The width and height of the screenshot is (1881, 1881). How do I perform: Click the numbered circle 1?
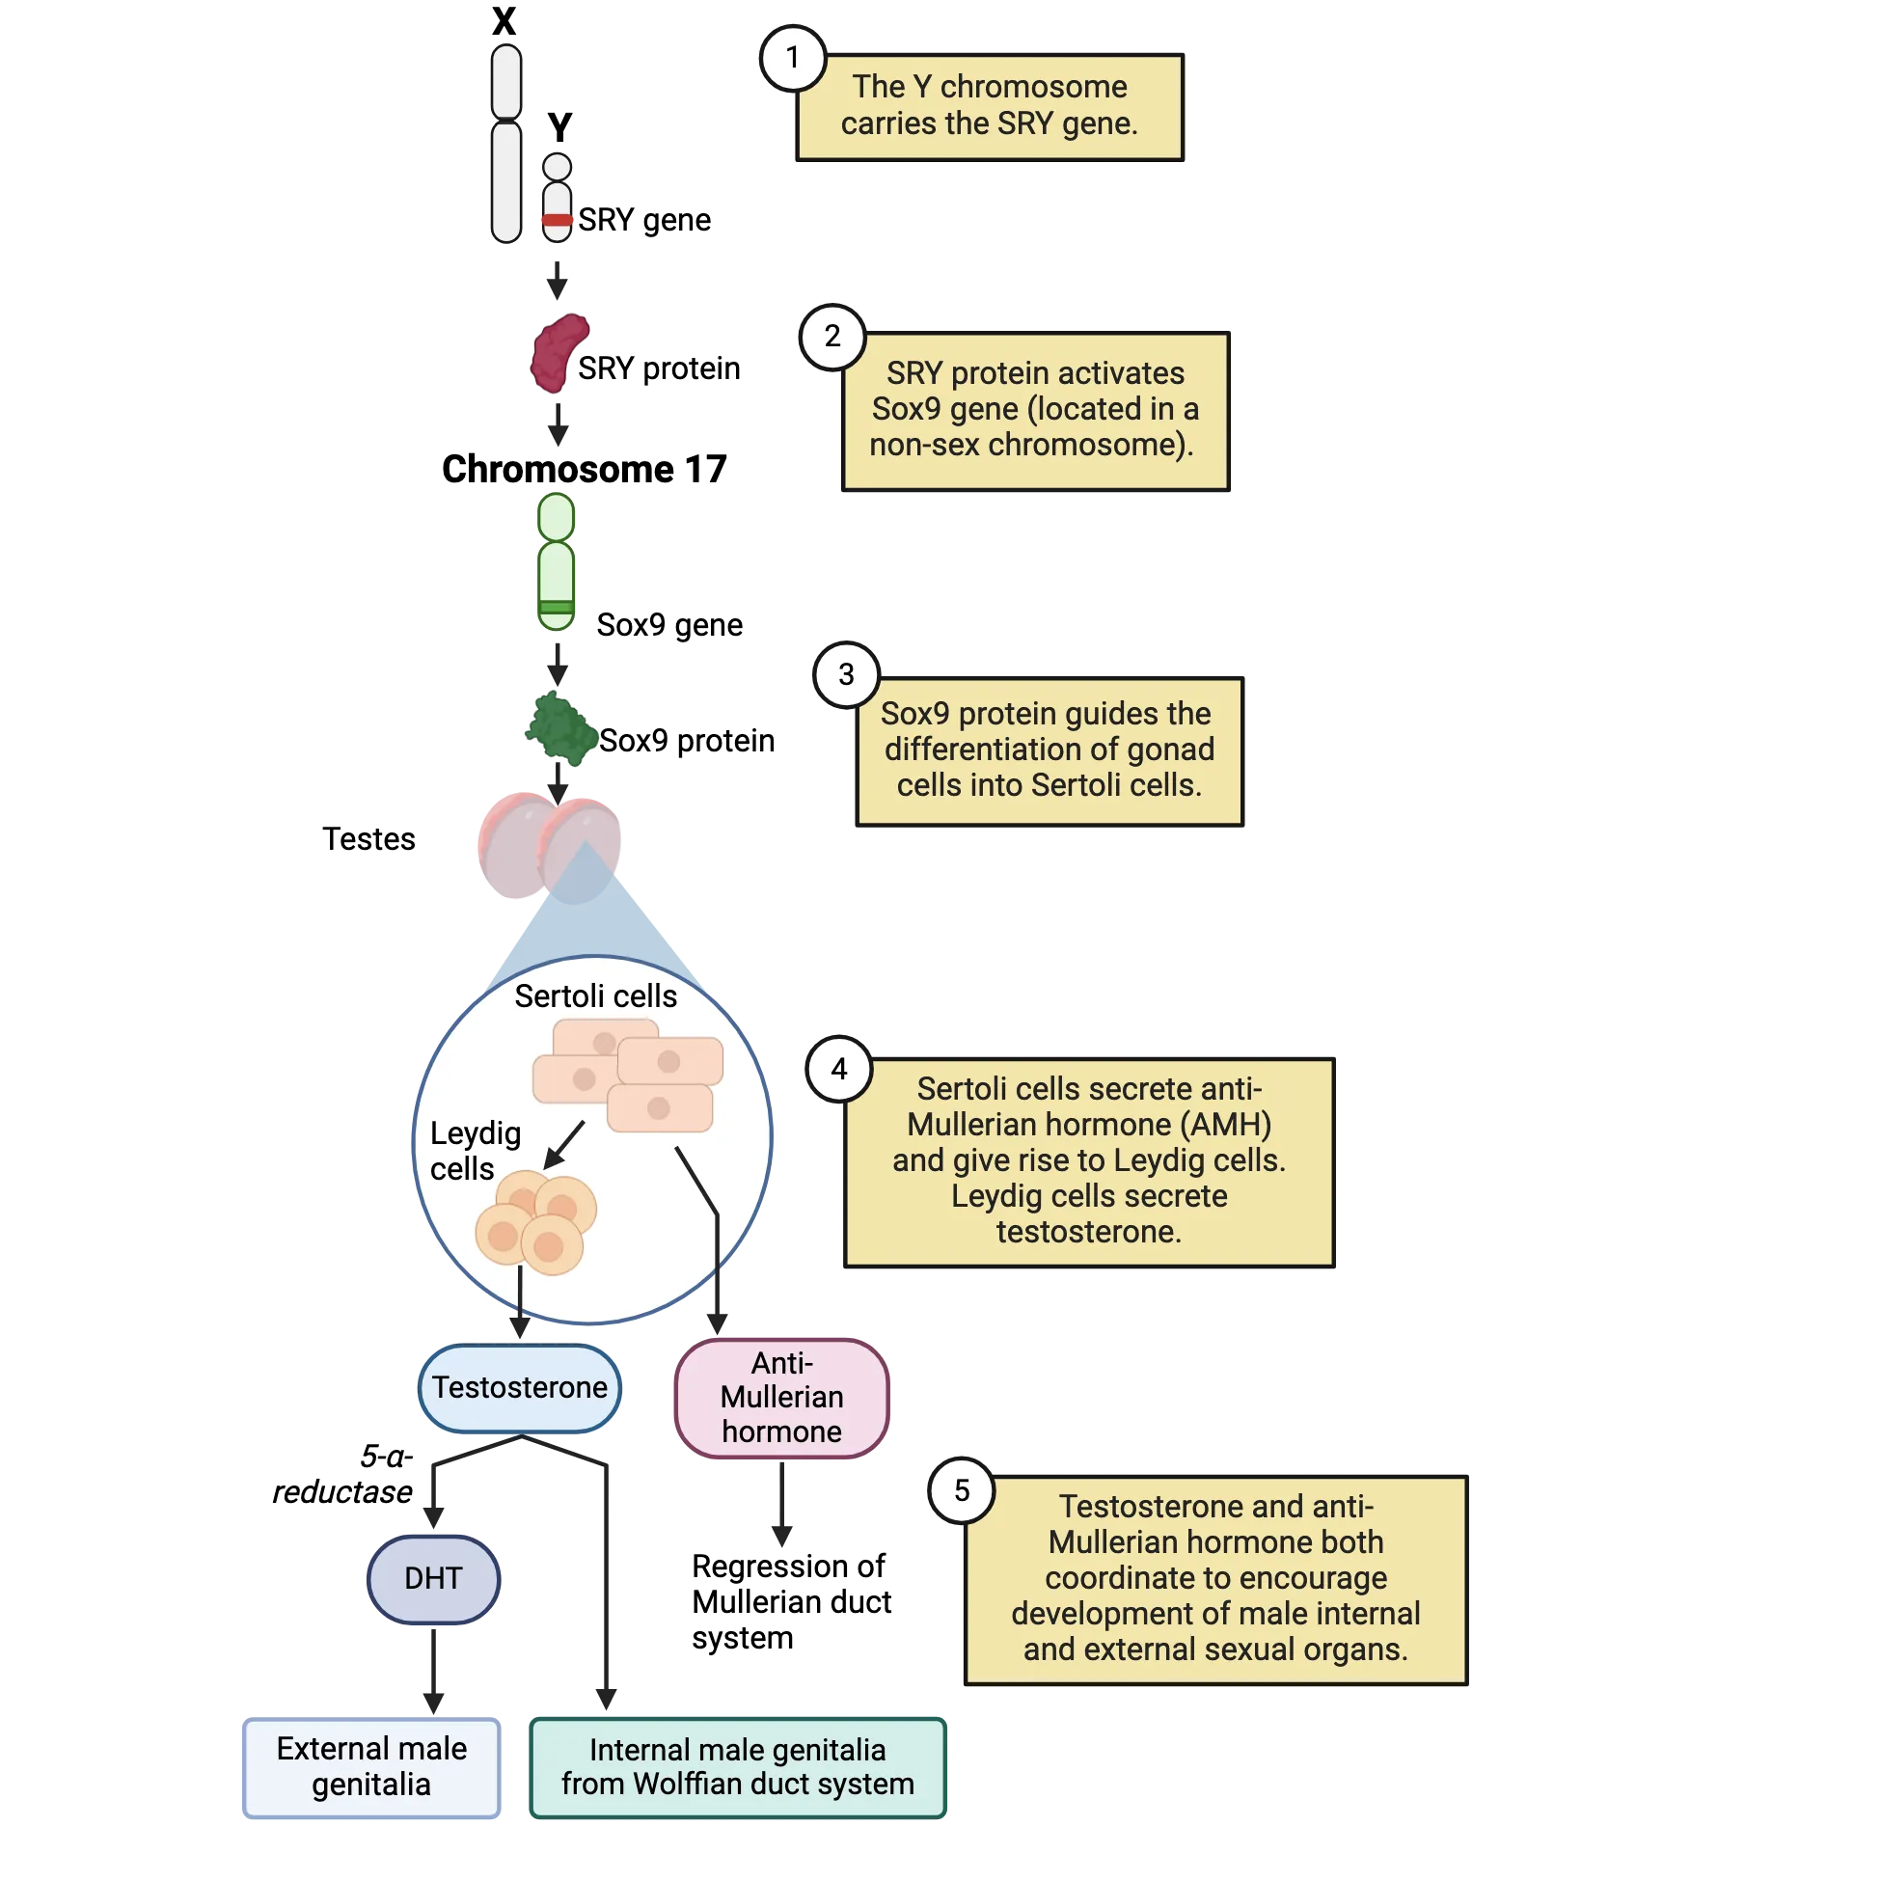coord(793,58)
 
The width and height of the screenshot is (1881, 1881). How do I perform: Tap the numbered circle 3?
coord(846,673)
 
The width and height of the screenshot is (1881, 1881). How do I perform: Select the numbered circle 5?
coord(962,1489)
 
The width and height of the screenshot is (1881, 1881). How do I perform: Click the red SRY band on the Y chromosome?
coord(558,220)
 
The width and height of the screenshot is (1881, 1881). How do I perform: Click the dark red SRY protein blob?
coord(559,351)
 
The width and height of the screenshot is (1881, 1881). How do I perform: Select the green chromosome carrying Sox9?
coord(557,562)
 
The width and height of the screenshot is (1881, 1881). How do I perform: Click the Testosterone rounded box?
coord(520,1387)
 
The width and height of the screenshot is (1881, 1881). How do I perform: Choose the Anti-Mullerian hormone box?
coord(781,1397)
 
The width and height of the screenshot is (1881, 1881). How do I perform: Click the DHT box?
coord(433,1578)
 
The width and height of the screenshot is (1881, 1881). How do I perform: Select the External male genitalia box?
coord(371,1766)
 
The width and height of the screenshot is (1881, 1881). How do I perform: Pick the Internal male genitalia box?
coord(737,1767)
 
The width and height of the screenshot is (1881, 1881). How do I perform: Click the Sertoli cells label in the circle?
coord(595,996)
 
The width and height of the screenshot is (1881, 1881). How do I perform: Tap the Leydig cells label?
coord(476,1151)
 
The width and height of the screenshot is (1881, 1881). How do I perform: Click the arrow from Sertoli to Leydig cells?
coord(563,1144)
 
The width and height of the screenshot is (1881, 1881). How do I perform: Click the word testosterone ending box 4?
coord(1088,1232)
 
